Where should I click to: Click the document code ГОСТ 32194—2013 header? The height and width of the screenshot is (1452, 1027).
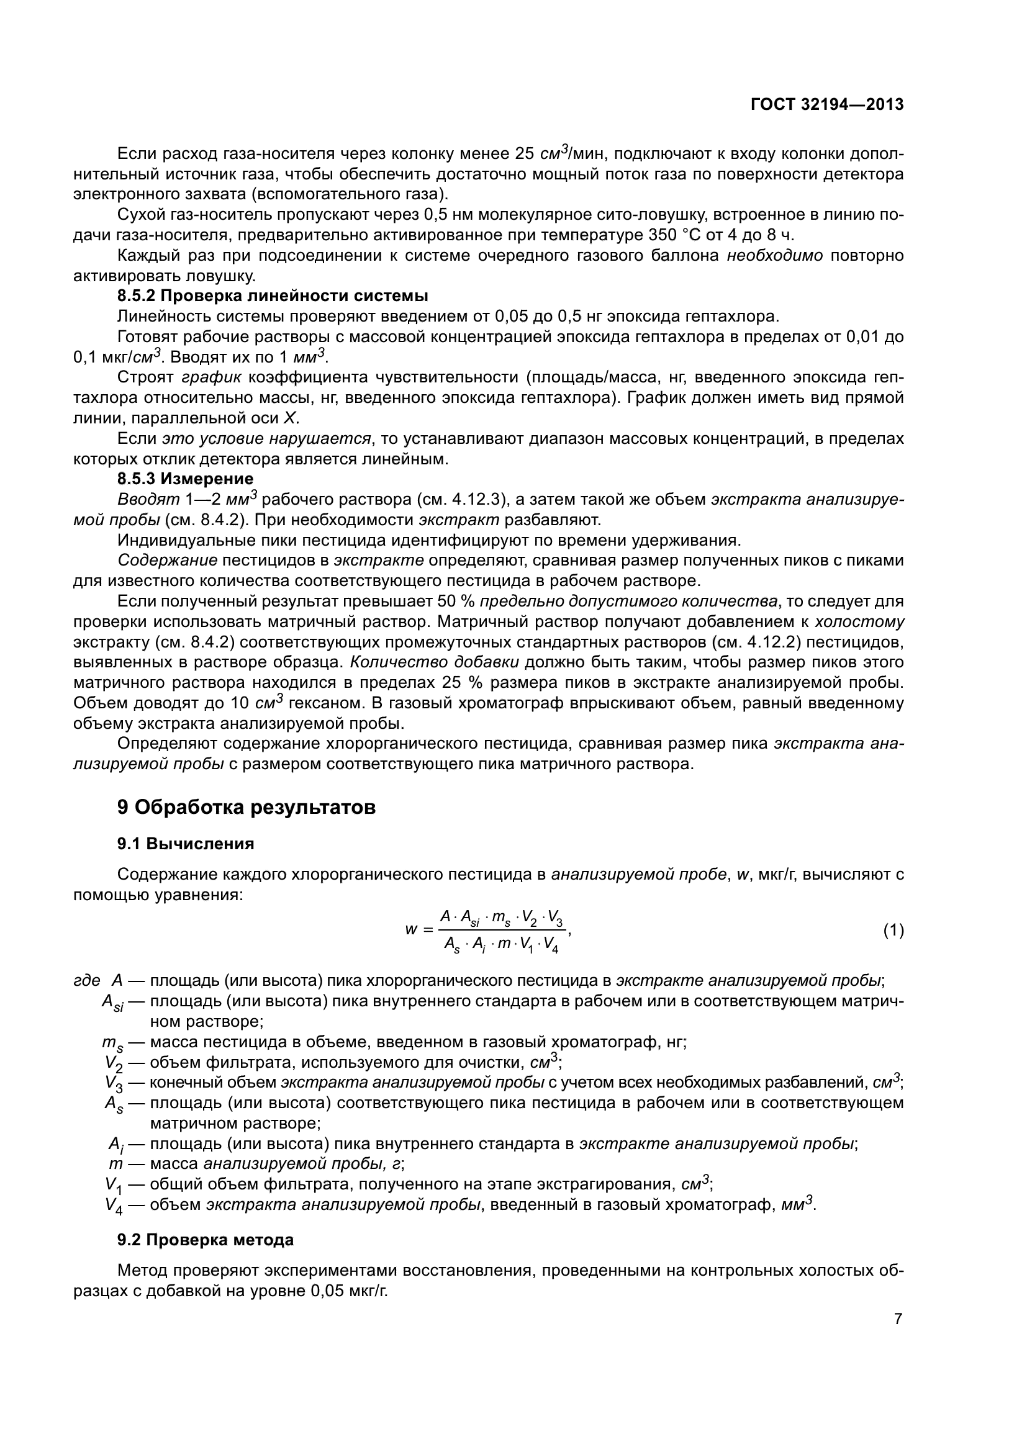pos(826,104)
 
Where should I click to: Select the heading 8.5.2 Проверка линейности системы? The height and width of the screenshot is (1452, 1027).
pos(273,296)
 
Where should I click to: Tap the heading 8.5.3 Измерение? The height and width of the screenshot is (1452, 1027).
pos(185,478)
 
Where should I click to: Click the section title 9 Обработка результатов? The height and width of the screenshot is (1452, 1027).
pos(247,808)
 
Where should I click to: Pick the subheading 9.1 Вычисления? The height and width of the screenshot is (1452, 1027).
pos(186,844)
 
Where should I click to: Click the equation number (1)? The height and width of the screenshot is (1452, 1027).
pos(893,931)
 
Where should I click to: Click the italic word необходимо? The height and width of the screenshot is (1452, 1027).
pos(775,256)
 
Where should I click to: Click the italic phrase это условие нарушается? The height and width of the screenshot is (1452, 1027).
pos(266,438)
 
